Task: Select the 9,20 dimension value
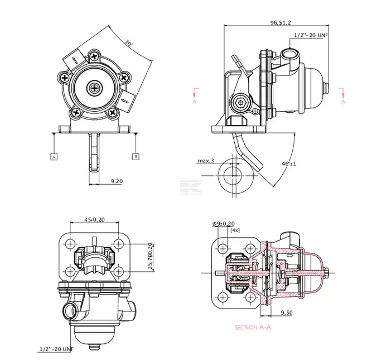click(x=117, y=181)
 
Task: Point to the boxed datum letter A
click(x=54, y=156)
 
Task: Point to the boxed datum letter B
click(x=136, y=156)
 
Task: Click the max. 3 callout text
click(x=205, y=161)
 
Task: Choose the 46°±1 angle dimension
click(x=289, y=164)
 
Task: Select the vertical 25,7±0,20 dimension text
click(x=150, y=257)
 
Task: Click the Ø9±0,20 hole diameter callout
click(x=223, y=223)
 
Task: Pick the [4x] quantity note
click(x=235, y=230)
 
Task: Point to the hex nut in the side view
click(x=240, y=103)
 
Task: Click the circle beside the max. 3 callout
click(x=230, y=174)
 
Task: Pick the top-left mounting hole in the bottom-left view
click(x=70, y=244)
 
